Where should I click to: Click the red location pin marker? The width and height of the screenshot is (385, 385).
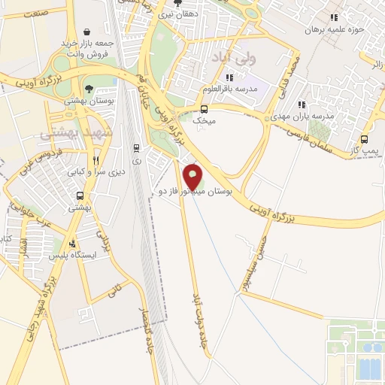193,175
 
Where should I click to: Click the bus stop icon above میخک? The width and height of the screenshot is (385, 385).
205,108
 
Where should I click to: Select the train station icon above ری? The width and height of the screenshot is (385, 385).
136,148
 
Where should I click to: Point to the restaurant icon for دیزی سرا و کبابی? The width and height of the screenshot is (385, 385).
95,160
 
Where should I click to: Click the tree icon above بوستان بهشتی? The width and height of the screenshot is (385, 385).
89,89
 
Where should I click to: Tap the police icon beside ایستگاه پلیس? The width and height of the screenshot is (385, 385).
73,243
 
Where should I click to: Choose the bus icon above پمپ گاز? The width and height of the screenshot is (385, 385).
365,139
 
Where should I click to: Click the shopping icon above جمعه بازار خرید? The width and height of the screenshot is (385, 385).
89,32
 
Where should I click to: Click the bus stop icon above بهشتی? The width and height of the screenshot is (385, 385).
79,197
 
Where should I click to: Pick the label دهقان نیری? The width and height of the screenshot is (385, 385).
179,14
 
